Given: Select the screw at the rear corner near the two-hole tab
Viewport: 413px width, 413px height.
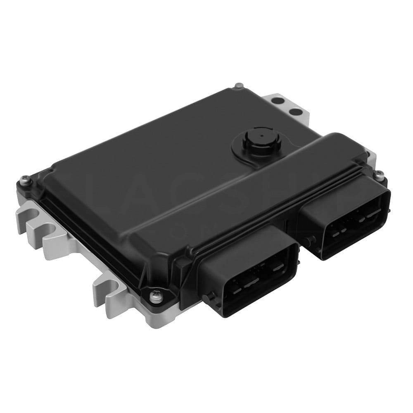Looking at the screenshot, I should pos(239,86).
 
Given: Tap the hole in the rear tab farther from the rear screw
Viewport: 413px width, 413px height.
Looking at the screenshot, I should pos(294,111).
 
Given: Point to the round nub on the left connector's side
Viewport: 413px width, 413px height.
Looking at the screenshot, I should pos(212,296).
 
